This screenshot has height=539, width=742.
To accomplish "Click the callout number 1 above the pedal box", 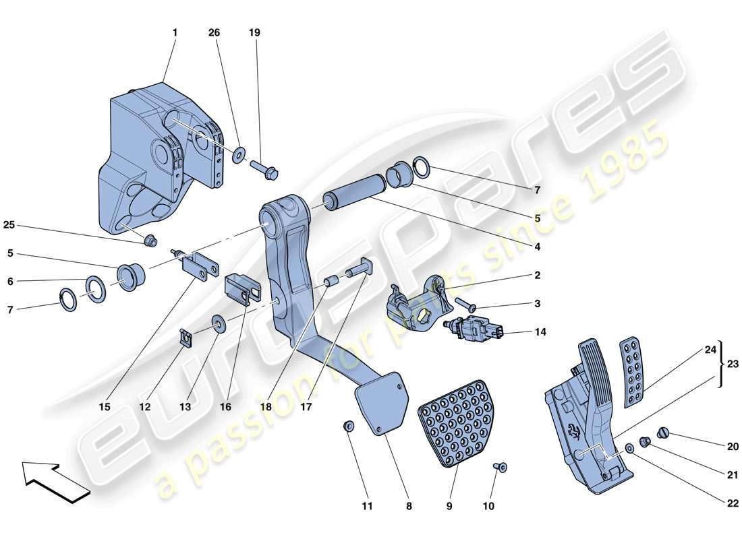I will pyautogui.click(x=175, y=32).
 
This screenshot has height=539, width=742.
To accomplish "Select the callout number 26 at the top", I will pyautogui.click(x=215, y=32).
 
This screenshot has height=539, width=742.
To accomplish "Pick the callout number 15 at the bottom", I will pyautogui.click(x=105, y=407).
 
